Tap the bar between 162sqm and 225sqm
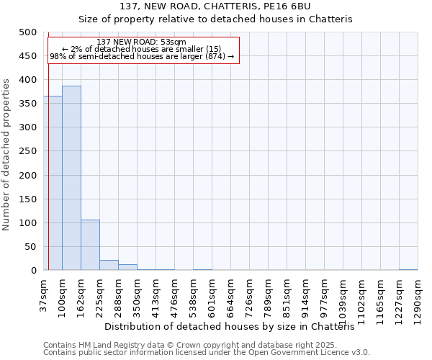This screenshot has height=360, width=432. click(x=90, y=245)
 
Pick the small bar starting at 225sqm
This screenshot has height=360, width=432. click(x=109, y=265)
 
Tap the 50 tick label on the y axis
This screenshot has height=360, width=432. click(x=31, y=247)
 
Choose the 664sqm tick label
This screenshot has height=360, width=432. click(x=231, y=297)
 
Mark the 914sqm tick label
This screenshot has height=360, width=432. click(x=306, y=297)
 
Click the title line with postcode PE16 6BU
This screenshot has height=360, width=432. click(x=215, y=6)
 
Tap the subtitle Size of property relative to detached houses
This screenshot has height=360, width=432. click(x=215, y=19)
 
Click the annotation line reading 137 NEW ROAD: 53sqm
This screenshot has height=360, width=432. click(x=142, y=42)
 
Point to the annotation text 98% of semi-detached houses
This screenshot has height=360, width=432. click(x=142, y=56)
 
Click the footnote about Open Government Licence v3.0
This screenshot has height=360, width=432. click(x=207, y=353)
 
